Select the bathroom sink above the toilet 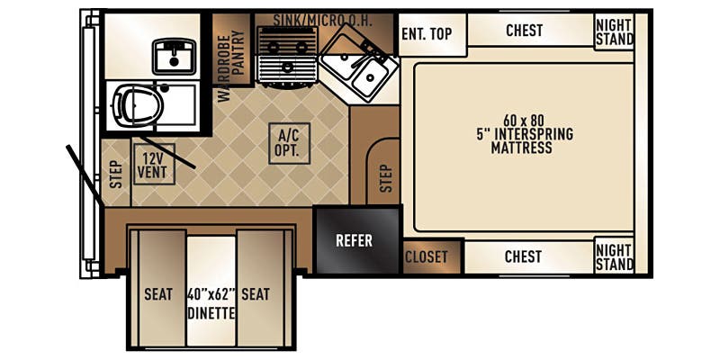coord(175,56)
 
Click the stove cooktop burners coord(287,53)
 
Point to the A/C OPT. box coord(289,143)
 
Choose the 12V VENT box coord(153,164)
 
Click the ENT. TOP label coord(426,34)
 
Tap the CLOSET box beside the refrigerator coord(427,256)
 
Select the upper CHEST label coord(524,31)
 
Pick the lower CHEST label coord(523,256)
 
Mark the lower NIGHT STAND coord(614,256)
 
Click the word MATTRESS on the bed coord(521,148)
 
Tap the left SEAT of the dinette coord(157,294)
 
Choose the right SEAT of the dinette coord(256,294)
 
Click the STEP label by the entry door coord(115,173)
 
